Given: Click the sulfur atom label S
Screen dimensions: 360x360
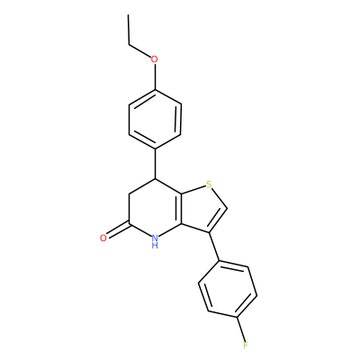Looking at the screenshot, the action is (210, 184).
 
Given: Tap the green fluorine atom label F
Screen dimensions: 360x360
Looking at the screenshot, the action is (246, 346).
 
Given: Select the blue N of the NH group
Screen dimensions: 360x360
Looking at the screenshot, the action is (155, 238).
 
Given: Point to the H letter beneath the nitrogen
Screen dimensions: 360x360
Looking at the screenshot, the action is (155, 246).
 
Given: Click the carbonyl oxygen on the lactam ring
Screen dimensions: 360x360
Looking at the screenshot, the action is (103, 238).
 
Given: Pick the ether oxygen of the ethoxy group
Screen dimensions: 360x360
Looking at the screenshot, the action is (155, 59).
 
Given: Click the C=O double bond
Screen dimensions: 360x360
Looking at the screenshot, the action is (118, 230).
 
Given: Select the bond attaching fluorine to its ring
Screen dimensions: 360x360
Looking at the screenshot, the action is (242, 328).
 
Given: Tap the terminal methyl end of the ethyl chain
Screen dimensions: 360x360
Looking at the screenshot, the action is (129, 14).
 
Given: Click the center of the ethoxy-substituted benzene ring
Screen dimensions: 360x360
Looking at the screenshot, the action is (155, 119).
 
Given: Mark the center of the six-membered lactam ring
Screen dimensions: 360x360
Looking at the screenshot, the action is (155, 209).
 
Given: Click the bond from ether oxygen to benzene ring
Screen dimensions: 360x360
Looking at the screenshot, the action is (155, 76).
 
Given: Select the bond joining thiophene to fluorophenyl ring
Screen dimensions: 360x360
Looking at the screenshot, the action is (213, 247).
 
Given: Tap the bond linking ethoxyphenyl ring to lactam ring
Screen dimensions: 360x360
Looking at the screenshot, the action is (155, 164).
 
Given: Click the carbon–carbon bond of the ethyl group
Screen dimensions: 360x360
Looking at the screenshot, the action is (129, 30).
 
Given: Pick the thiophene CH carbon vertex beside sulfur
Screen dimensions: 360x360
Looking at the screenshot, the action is (228, 208).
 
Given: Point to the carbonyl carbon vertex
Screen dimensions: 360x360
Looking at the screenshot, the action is (129, 224).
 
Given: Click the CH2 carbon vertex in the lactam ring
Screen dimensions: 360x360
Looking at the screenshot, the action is (129, 194).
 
